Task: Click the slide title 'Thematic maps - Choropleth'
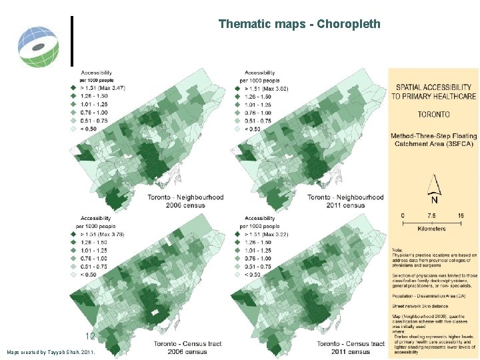pos(299,24)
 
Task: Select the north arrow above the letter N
pos(433,185)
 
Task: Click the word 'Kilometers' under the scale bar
pos(431,229)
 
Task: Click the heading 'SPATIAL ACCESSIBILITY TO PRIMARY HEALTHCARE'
pos(433,91)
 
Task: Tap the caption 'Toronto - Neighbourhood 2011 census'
pos(345,201)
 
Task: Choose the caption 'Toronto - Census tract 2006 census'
pos(186,347)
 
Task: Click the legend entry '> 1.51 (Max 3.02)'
pos(266,89)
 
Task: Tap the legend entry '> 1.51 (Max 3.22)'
pos(266,235)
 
